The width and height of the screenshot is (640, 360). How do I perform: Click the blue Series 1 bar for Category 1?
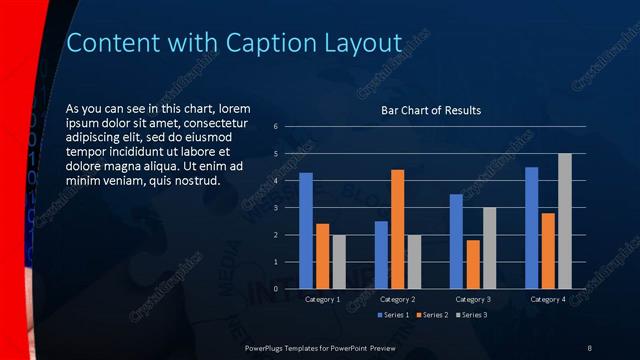click(x=306, y=231)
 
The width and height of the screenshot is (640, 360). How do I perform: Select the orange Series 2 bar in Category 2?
click(x=397, y=229)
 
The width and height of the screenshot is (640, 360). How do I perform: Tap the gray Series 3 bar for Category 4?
click(x=564, y=221)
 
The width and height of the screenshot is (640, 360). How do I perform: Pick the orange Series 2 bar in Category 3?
click(x=472, y=264)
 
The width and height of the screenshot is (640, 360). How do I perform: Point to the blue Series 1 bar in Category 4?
click(x=531, y=228)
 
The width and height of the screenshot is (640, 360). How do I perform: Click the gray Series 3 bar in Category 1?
click(x=339, y=262)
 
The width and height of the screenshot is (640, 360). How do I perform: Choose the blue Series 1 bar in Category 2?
click(x=381, y=255)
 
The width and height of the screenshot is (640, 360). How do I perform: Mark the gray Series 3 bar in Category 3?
click(x=489, y=248)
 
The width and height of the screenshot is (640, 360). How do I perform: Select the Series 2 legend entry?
click(x=432, y=315)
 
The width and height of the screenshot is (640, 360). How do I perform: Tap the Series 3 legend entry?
click(x=471, y=315)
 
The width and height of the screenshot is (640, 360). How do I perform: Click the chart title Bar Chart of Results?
click(x=431, y=110)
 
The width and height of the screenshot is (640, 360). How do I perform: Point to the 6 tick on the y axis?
click(x=275, y=127)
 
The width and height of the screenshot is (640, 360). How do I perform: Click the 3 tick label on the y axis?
click(x=275, y=208)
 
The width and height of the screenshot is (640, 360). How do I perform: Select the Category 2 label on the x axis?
click(x=397, y=299)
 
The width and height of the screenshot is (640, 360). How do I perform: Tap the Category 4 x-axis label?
click(x=547, y=299)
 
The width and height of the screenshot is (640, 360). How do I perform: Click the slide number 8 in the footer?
click(x=589, y=346)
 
